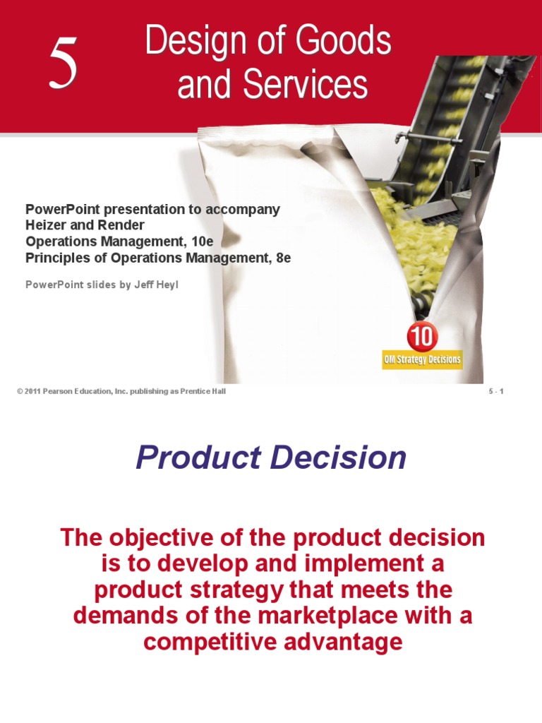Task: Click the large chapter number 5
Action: pyautogui.click(x=63, y=65)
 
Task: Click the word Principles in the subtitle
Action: pyautogui.click(x=54, y=258)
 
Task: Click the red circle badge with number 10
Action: pyautogui.click(x=421, y=336)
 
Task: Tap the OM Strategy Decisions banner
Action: pyautogui.click(x=422, y=359)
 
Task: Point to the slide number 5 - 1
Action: pyautogui.click(x=496, y=392)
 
